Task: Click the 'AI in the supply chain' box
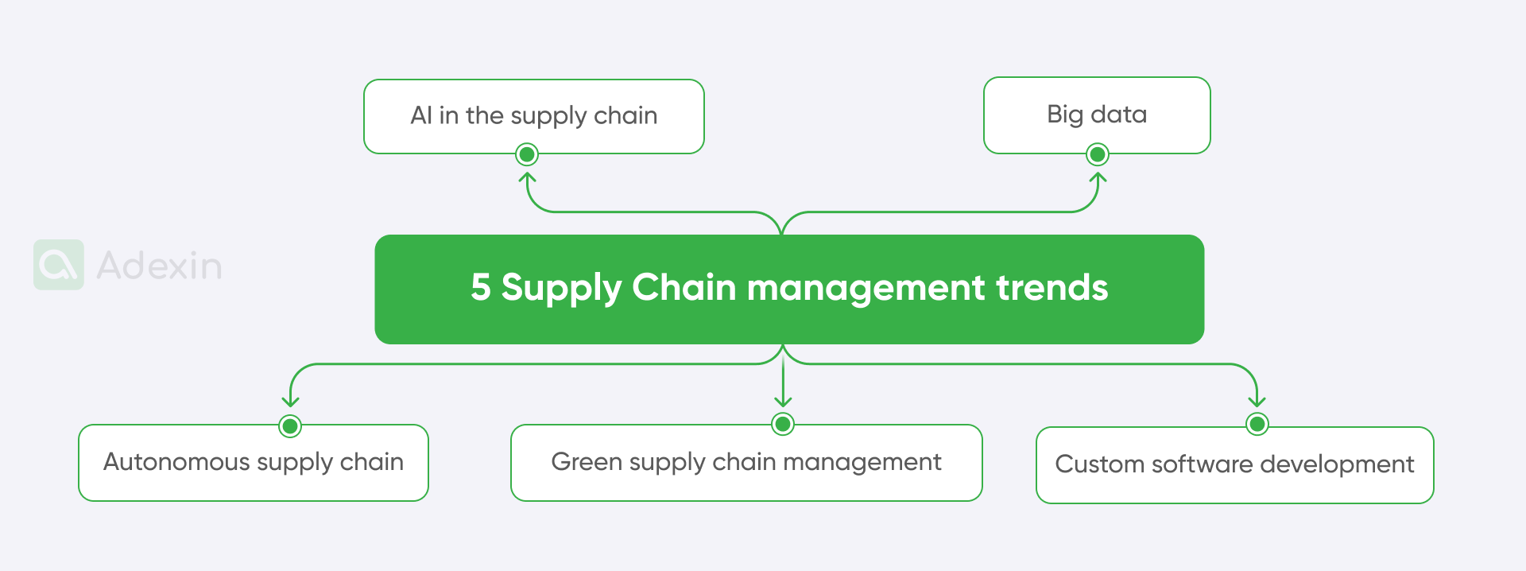pyautogui.click(x=533, y=116)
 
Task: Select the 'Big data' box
pyautogui.click(x=1097, y=115)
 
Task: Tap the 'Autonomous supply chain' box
pyautogui.click(x=254, y=463)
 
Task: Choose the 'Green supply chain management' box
pyautogui.click(x=746, y=463)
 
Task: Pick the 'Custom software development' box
pyautogui.click(x=1234, y=465)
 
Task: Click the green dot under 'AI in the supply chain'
pyautogui.click(x=527, y=154)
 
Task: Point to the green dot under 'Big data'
pyautogui.click(x=1098, y=154)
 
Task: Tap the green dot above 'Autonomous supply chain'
pyautogui.click(x=290, y=426)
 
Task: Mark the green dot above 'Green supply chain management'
pyautogui.click(x=783, y=424)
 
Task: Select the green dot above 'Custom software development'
pyautogui.click(x=1257, y=425)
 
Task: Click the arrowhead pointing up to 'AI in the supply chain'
pyautogui.click(x=527, y=177)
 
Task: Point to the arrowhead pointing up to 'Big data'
pyautogui.click(x=1098, y=177)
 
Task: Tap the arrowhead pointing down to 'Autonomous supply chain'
pyautogui.click(x=290, y=402)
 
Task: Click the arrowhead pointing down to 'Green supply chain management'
pyautogui.click(x=783, y=402)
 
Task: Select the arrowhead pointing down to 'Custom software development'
pyautogui.click(x=1257, y=402)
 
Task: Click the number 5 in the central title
pyautogui.click(x=480, y=288)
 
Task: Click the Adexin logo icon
pyautogui.click(x=59, y=265)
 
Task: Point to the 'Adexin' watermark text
pyautogui.click(x=159, y=266)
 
